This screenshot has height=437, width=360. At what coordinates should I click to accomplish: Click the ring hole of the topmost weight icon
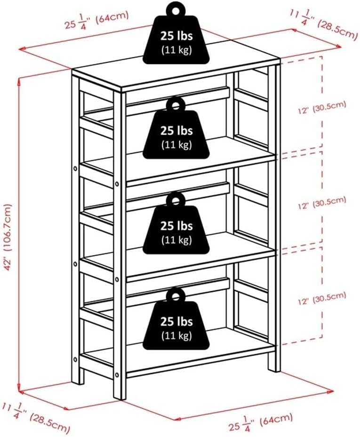click(176, 9)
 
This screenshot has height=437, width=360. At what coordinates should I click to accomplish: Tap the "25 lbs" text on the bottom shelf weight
click(176, 322)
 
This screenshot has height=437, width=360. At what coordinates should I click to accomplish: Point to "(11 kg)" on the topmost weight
click(176, 50)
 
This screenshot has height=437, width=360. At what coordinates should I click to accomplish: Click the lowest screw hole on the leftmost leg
click(75, 360)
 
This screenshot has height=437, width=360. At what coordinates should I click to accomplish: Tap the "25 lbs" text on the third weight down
click(176, 226)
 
